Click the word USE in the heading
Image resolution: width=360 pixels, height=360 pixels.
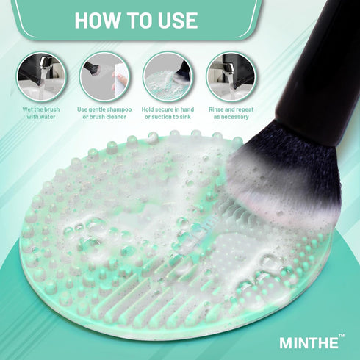173,20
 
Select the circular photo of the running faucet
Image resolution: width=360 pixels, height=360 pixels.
41,76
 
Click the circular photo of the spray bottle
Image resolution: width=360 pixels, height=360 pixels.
104,76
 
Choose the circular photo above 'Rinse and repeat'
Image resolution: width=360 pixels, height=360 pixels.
231,76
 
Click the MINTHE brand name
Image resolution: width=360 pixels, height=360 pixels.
307,342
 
